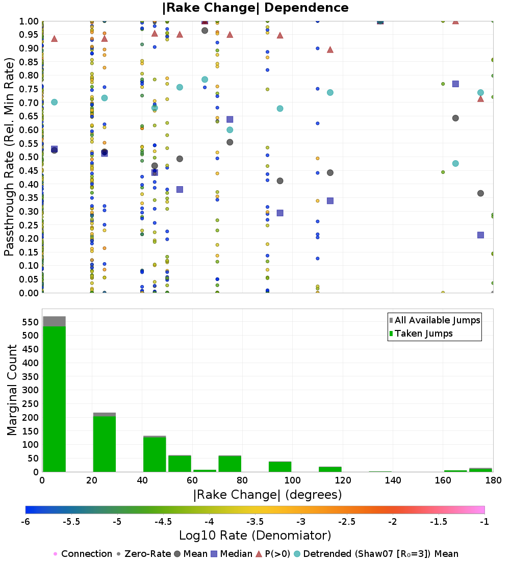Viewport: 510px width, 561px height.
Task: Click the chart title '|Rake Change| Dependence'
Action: point(255,8)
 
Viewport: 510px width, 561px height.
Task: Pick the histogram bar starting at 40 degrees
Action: point(155,454)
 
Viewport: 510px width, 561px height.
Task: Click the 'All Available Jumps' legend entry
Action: point(435,320)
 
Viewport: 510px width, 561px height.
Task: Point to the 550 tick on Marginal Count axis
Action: point(30,322)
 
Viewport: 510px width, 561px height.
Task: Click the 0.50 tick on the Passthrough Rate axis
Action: point(29,157)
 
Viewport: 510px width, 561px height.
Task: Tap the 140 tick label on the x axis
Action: point(393,480)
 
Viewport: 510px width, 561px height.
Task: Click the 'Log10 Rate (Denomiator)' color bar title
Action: point(255,535)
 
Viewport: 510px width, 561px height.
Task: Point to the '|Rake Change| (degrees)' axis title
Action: point(268,495)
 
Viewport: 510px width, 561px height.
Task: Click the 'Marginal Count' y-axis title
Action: point(12,390)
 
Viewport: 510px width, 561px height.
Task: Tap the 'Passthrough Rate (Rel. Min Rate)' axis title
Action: point(10,157)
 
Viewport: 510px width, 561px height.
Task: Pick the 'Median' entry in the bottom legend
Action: point(232,554)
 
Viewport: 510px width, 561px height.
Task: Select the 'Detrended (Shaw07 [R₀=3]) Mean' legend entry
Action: point(376,554)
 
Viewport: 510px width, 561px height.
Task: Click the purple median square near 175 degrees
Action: point(480,235)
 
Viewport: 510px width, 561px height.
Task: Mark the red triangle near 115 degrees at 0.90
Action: point(330,49)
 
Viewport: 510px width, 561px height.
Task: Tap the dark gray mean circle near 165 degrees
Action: point(455,118)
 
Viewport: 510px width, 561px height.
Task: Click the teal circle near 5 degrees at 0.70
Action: point(55,103)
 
